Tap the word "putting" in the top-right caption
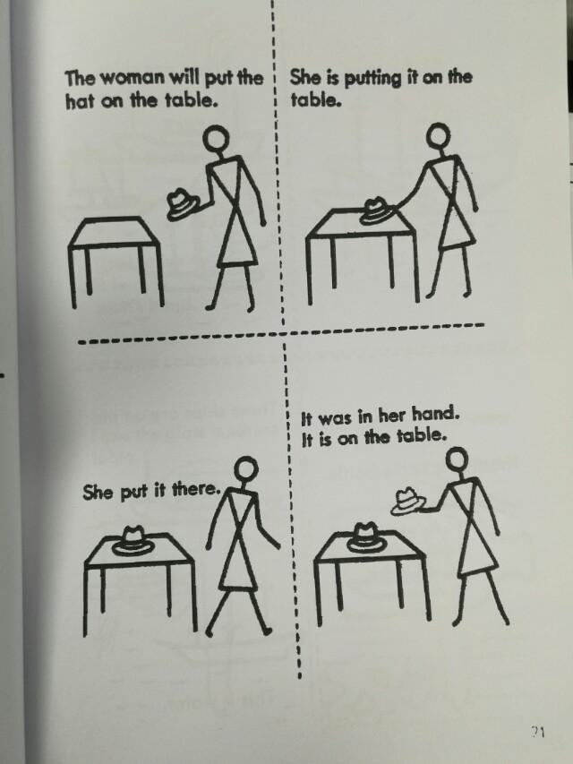click(x=372, y=80)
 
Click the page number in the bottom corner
click(x=538, y=732)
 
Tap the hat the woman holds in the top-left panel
click(x=182, y=203)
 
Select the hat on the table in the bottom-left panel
click(x=133, y=540)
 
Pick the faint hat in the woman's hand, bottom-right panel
click(x=408, y=502)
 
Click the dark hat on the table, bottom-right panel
click(x=366, y=537)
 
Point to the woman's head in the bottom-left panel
click(x=246, y=468)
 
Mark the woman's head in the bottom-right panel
click(x=458, y=460)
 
